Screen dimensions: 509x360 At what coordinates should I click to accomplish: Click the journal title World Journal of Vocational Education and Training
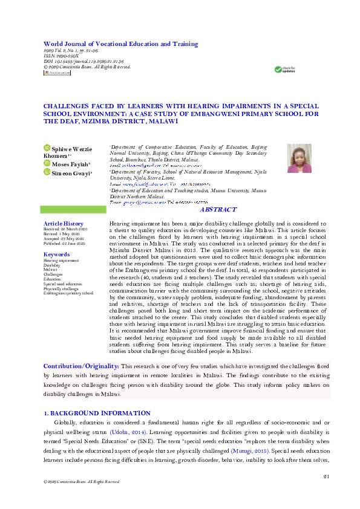click(120, 44)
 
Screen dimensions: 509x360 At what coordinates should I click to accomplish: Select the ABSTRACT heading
click(218, 209)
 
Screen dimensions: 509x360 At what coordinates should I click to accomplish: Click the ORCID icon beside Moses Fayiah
click(47, 163)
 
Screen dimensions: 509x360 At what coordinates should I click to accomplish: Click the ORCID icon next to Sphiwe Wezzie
click(47, 147)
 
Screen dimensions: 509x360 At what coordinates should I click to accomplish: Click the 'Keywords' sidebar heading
click(56, 254)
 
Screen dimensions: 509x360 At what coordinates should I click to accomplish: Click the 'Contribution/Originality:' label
click(80, 366)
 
